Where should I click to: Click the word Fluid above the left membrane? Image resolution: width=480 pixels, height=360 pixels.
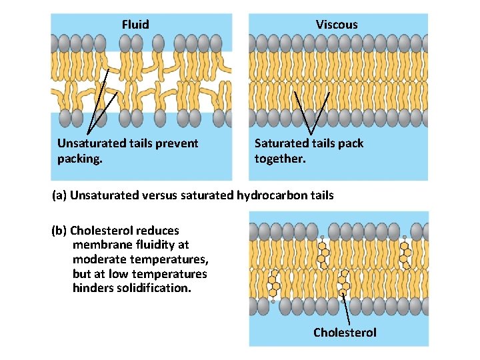point(135,25)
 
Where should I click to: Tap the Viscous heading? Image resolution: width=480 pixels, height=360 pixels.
point(337,25)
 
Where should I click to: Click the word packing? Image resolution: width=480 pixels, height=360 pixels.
point(79,159)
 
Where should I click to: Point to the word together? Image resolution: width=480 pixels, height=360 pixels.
point(279,159)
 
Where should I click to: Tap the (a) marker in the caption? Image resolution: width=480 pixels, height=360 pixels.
point(59,195)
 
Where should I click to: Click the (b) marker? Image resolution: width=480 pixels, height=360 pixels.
point(59,231)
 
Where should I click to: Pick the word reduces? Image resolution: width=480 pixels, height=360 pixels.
point(157,231)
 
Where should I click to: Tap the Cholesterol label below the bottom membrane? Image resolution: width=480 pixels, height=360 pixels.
point(345,333)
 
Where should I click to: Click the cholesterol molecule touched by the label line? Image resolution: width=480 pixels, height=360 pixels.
point(344,285)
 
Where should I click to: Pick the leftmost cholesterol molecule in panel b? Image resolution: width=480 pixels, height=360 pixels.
point(273,285)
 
